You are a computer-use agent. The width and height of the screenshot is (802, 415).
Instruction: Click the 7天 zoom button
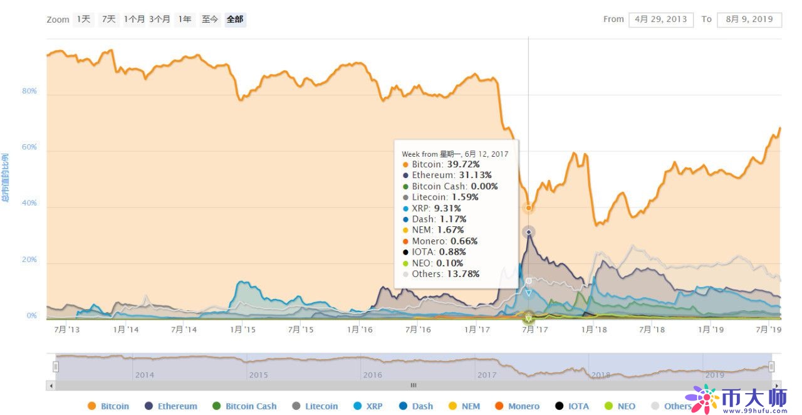[x=109, y=19]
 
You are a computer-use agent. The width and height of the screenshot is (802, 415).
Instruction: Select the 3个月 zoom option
[x=159, y=19]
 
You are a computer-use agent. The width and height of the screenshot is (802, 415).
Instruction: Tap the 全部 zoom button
[x=235, y=19]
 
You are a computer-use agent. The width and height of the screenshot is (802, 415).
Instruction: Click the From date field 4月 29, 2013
[x=661, y=19]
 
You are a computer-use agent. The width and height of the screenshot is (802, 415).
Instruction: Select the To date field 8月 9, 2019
[x=749, y=19]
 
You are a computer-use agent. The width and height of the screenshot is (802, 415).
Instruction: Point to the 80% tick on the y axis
[x=29, y=92]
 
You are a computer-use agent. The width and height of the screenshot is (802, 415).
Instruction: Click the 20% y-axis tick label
[x=29, y=260]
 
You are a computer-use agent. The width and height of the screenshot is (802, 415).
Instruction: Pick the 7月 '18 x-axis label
[x=652, y=330]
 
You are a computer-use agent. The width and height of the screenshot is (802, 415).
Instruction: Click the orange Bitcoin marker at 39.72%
[x=529, y=208]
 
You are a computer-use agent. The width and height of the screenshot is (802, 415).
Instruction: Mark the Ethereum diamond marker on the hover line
[x=529, y=233]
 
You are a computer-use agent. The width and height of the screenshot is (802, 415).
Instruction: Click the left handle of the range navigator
[x=55, y=367]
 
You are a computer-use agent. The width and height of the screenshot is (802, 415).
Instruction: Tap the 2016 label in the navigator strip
[x=373, y=375]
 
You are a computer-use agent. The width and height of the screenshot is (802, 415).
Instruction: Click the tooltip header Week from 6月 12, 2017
[x=455, y=154]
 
